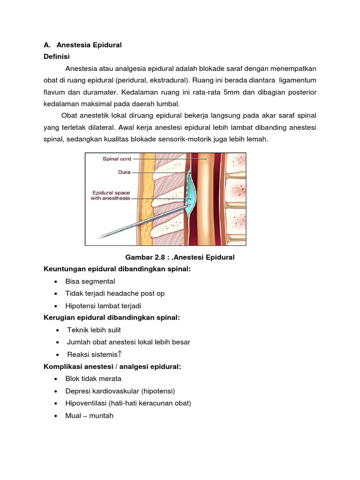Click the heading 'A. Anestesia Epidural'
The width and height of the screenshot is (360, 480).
click(x=82, y=45)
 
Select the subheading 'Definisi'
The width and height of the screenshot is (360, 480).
click(x=56, y=57)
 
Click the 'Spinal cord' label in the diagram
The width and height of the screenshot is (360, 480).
click(x=117, y=159)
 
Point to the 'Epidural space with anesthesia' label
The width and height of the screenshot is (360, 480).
click(x=110, y=195)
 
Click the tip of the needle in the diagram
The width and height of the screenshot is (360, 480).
click(x=190, y=205)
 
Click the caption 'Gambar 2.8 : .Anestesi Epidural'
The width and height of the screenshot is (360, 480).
click(x=180, y=257)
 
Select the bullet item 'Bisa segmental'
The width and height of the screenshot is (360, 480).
click(x=90, y=281)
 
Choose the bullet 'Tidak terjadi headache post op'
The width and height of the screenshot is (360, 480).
click(x=115, y=293)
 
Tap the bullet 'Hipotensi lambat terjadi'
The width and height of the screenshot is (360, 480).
click(x=103, y=306)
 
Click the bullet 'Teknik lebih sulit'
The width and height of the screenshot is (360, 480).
click(x=94, y=330)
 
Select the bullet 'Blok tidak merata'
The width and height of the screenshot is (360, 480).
click(x=93, y=379)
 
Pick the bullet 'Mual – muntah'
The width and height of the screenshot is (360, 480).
click(x=90, y=415)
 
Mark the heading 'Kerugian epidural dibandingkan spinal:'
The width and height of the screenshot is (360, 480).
click(x=112, y=318)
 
